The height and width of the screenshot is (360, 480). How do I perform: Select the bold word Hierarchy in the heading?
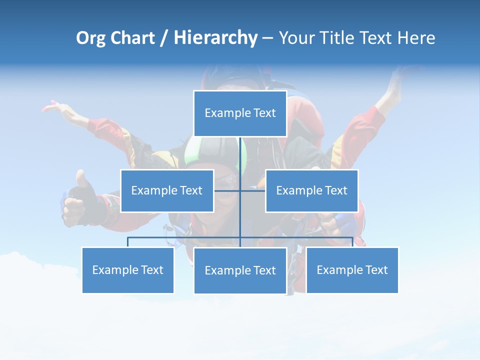click(x=215, y=38)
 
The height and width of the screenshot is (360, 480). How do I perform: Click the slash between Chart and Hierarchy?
click(x=164, y=38)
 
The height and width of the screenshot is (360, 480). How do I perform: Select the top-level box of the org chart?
click(x=240, y=113)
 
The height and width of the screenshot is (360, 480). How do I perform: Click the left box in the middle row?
click(x=167, y=190)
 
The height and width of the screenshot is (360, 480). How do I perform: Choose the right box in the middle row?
click(x=311, y=190)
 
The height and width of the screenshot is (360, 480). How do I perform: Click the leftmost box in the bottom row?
click(x=128, y=270)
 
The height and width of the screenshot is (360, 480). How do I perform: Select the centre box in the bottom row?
click(x=240, y=270)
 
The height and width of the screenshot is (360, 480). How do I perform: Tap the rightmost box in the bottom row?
click(x=352, y=270)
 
